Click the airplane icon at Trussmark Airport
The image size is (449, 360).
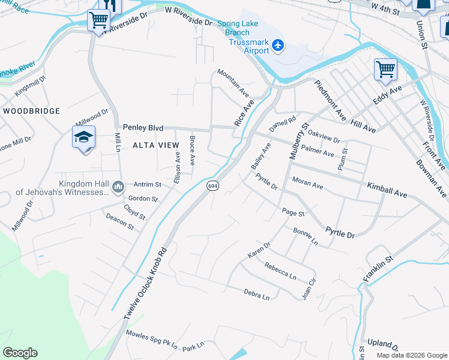point(277,44)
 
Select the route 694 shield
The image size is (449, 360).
point(212,186)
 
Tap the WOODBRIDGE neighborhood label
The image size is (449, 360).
point(31,111)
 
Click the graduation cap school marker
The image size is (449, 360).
point(84,137)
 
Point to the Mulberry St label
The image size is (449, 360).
point(298,141)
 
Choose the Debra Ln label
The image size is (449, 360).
point(256,295)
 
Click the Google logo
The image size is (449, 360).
point(20,353)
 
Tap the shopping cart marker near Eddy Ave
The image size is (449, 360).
point(385,69)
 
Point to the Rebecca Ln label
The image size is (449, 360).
point(280,272)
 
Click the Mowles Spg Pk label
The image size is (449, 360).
point(152,340)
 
